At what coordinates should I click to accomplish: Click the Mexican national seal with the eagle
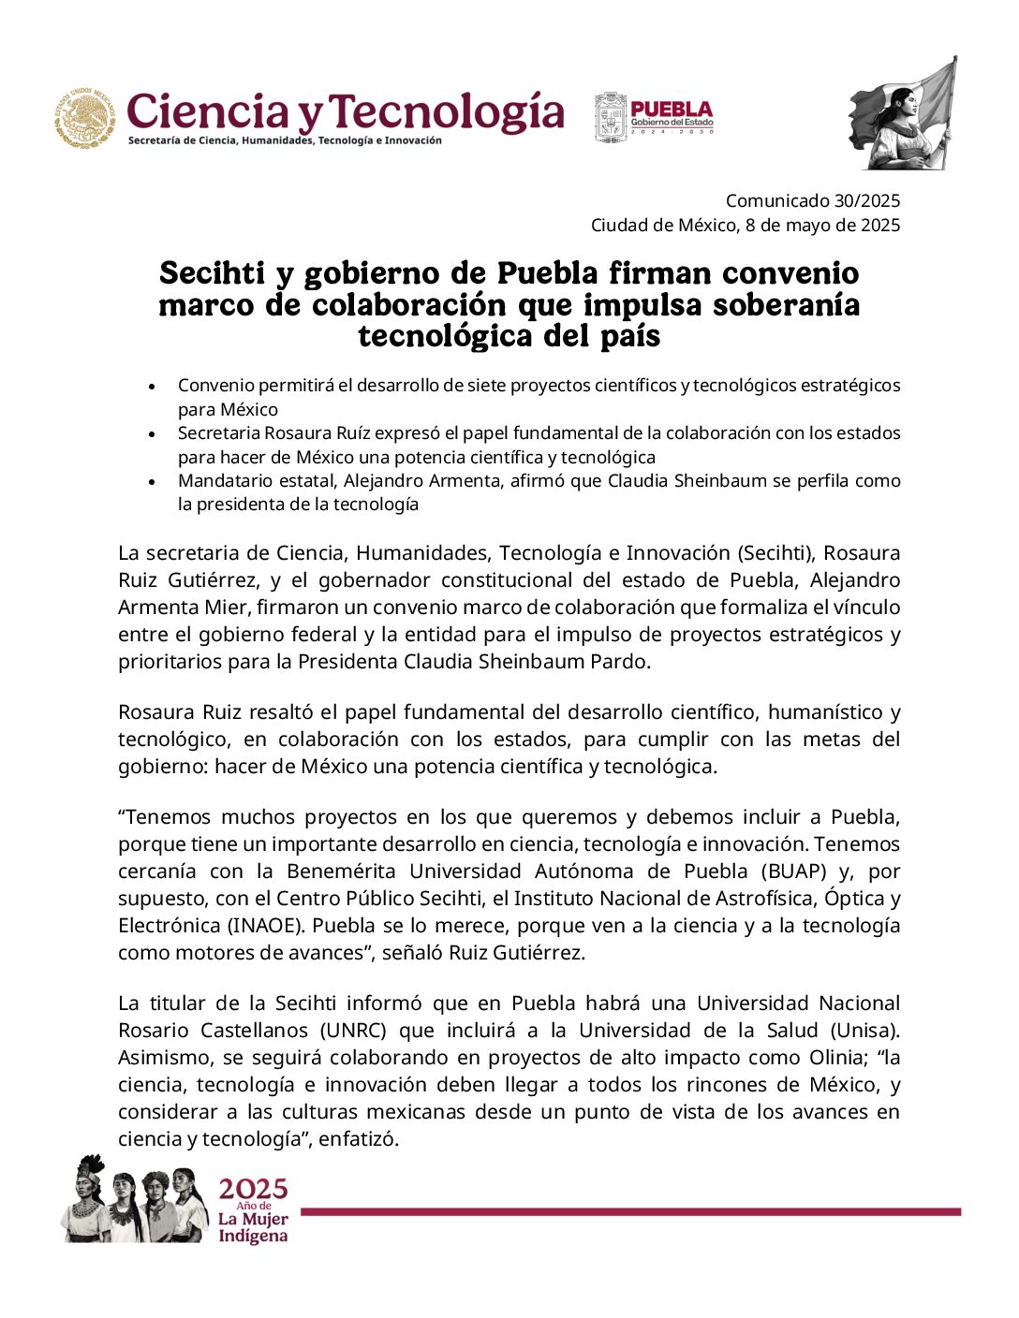click(x=85, y=118)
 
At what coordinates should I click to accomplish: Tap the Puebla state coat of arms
click(x=611, y=118)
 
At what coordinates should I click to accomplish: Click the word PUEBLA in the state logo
click(x=672, y=110)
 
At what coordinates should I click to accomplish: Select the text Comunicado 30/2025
click(x=812, y=200)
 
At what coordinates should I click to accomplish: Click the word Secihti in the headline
click(x=213, y=273)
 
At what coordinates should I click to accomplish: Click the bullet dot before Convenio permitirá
click(x=152, y=387)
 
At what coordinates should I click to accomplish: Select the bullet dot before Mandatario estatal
click(x=152, y=482)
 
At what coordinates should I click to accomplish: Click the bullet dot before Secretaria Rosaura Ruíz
click(x=152, y=434)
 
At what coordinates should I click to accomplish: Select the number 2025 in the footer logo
click(x=253, y=1190)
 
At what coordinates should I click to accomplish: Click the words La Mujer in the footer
click(x=253, y=1219)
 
